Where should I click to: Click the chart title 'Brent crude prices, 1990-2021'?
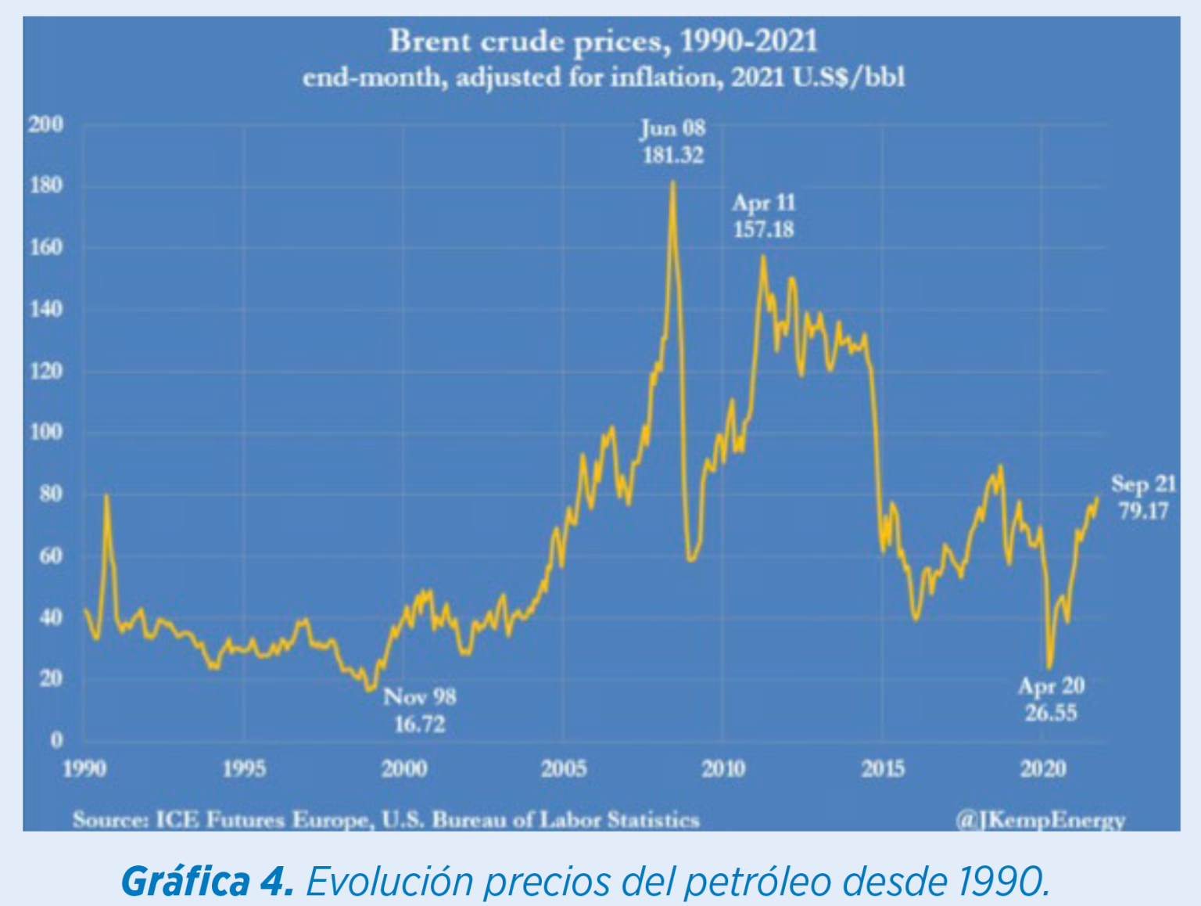point(603,41)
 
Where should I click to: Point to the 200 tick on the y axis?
point(46,124)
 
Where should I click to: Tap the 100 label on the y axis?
point(46,432)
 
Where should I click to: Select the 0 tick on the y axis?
point(56,739)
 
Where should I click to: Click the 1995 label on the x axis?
point(244,769)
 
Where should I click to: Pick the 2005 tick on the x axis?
point(564,769)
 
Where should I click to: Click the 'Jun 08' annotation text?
point(672,128)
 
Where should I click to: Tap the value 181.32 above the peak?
point(672,155)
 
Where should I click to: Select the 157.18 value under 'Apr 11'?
point(763,230)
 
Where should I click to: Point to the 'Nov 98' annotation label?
point(420,697)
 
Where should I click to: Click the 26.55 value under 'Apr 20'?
point(1051,713)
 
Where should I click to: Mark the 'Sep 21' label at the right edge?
point(1143,484)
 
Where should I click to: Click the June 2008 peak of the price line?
point(672,183)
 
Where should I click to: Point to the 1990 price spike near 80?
point(106,496)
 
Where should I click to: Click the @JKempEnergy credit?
point(1040,821)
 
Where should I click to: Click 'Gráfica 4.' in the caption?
point(208,882)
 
